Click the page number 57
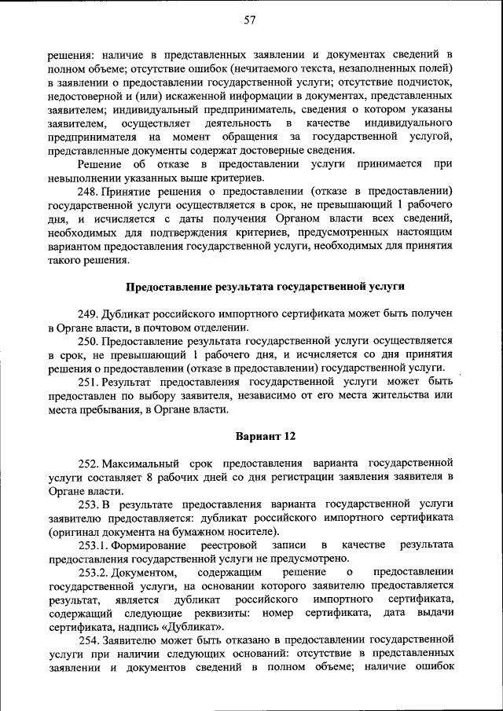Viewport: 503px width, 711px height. tap(251, 21)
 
